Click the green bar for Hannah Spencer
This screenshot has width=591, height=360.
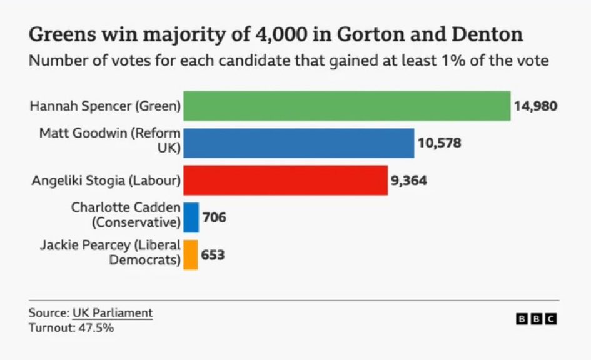(346, 106)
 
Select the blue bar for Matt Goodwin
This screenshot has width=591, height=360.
(298, 143)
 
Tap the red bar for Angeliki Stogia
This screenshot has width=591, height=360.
(285, 181)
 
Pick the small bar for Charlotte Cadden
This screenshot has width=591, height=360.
(191, 217)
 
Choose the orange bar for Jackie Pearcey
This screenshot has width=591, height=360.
(190, 255)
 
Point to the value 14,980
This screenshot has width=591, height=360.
(535, 106)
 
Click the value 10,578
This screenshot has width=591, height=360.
(439, 143)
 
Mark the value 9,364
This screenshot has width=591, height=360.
(409, 181)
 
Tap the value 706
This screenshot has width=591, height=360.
(214, 218)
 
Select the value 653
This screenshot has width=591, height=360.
(213, 255)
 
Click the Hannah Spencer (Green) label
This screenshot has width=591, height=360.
(105, 106)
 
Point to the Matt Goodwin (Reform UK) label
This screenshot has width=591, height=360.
(110, 141)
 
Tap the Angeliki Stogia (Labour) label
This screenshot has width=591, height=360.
(106, 181)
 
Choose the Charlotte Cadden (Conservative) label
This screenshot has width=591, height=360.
(126, 214)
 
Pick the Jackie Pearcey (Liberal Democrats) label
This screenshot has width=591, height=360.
(110, 252)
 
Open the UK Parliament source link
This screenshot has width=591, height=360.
(113, 313)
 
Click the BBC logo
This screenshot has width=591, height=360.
(536, 319)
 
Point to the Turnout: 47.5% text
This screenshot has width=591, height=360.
(71, 327)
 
